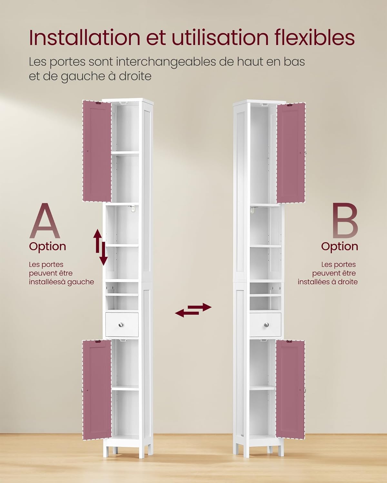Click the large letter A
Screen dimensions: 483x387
pos(45,221)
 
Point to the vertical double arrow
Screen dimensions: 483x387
pos(100,247)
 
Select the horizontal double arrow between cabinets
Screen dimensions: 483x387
pos(193,310)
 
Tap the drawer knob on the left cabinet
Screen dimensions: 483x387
pos(122,325)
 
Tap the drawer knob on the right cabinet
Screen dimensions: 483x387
pos(266,325)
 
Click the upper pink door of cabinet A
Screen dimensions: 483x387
pos(97,151)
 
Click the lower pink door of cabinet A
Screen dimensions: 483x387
pos(96,390)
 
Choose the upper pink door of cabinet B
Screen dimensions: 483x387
pos(291,153)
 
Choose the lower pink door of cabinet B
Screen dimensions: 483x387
pos(290,390)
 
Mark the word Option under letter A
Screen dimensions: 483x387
pos(47,246)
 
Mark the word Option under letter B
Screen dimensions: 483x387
pos(339,246)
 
